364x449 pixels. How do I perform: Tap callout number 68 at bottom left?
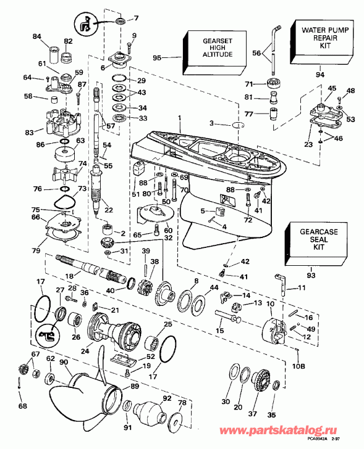[23, 405]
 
